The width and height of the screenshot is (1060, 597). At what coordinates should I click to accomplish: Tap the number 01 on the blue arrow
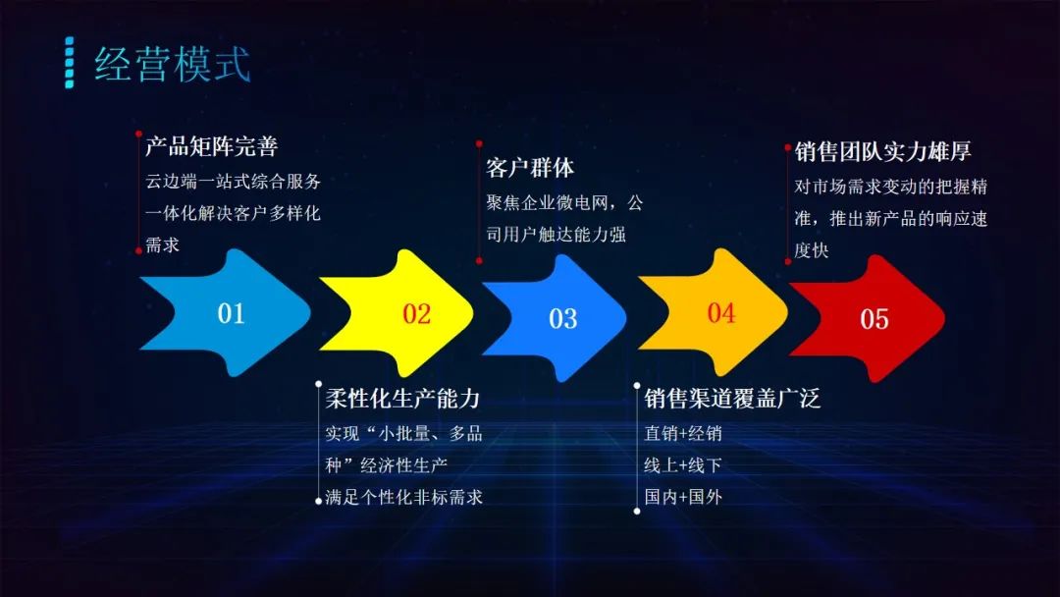coord(231,314)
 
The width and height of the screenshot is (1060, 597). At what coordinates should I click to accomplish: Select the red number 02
coord(417,314)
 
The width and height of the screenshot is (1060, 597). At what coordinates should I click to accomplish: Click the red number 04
coord(721,313)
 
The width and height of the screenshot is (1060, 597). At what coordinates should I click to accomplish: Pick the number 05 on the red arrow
coord(874,319)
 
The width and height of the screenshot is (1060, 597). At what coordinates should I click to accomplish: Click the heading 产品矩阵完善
coord(212,147)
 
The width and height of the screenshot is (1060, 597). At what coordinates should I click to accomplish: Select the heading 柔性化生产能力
coord(402,399)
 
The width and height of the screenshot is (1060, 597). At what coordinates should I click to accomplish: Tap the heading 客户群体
coord(530,168)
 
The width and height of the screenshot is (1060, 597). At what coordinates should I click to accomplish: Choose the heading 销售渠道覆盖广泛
coord(732,399)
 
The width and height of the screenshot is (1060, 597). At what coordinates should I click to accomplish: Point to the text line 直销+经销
coord(683,433)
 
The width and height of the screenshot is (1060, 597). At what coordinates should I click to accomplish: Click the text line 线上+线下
coord(683,465)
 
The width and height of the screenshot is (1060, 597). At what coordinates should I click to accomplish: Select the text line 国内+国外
coord(683,498)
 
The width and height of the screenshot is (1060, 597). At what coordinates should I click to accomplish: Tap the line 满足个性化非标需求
coord(404,498)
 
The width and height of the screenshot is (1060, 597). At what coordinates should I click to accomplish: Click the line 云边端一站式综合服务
coord(234,182)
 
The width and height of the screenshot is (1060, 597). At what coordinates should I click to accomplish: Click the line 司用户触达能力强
coord(556,235)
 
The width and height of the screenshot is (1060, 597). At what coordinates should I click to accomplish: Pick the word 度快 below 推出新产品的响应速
coord(812,251)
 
